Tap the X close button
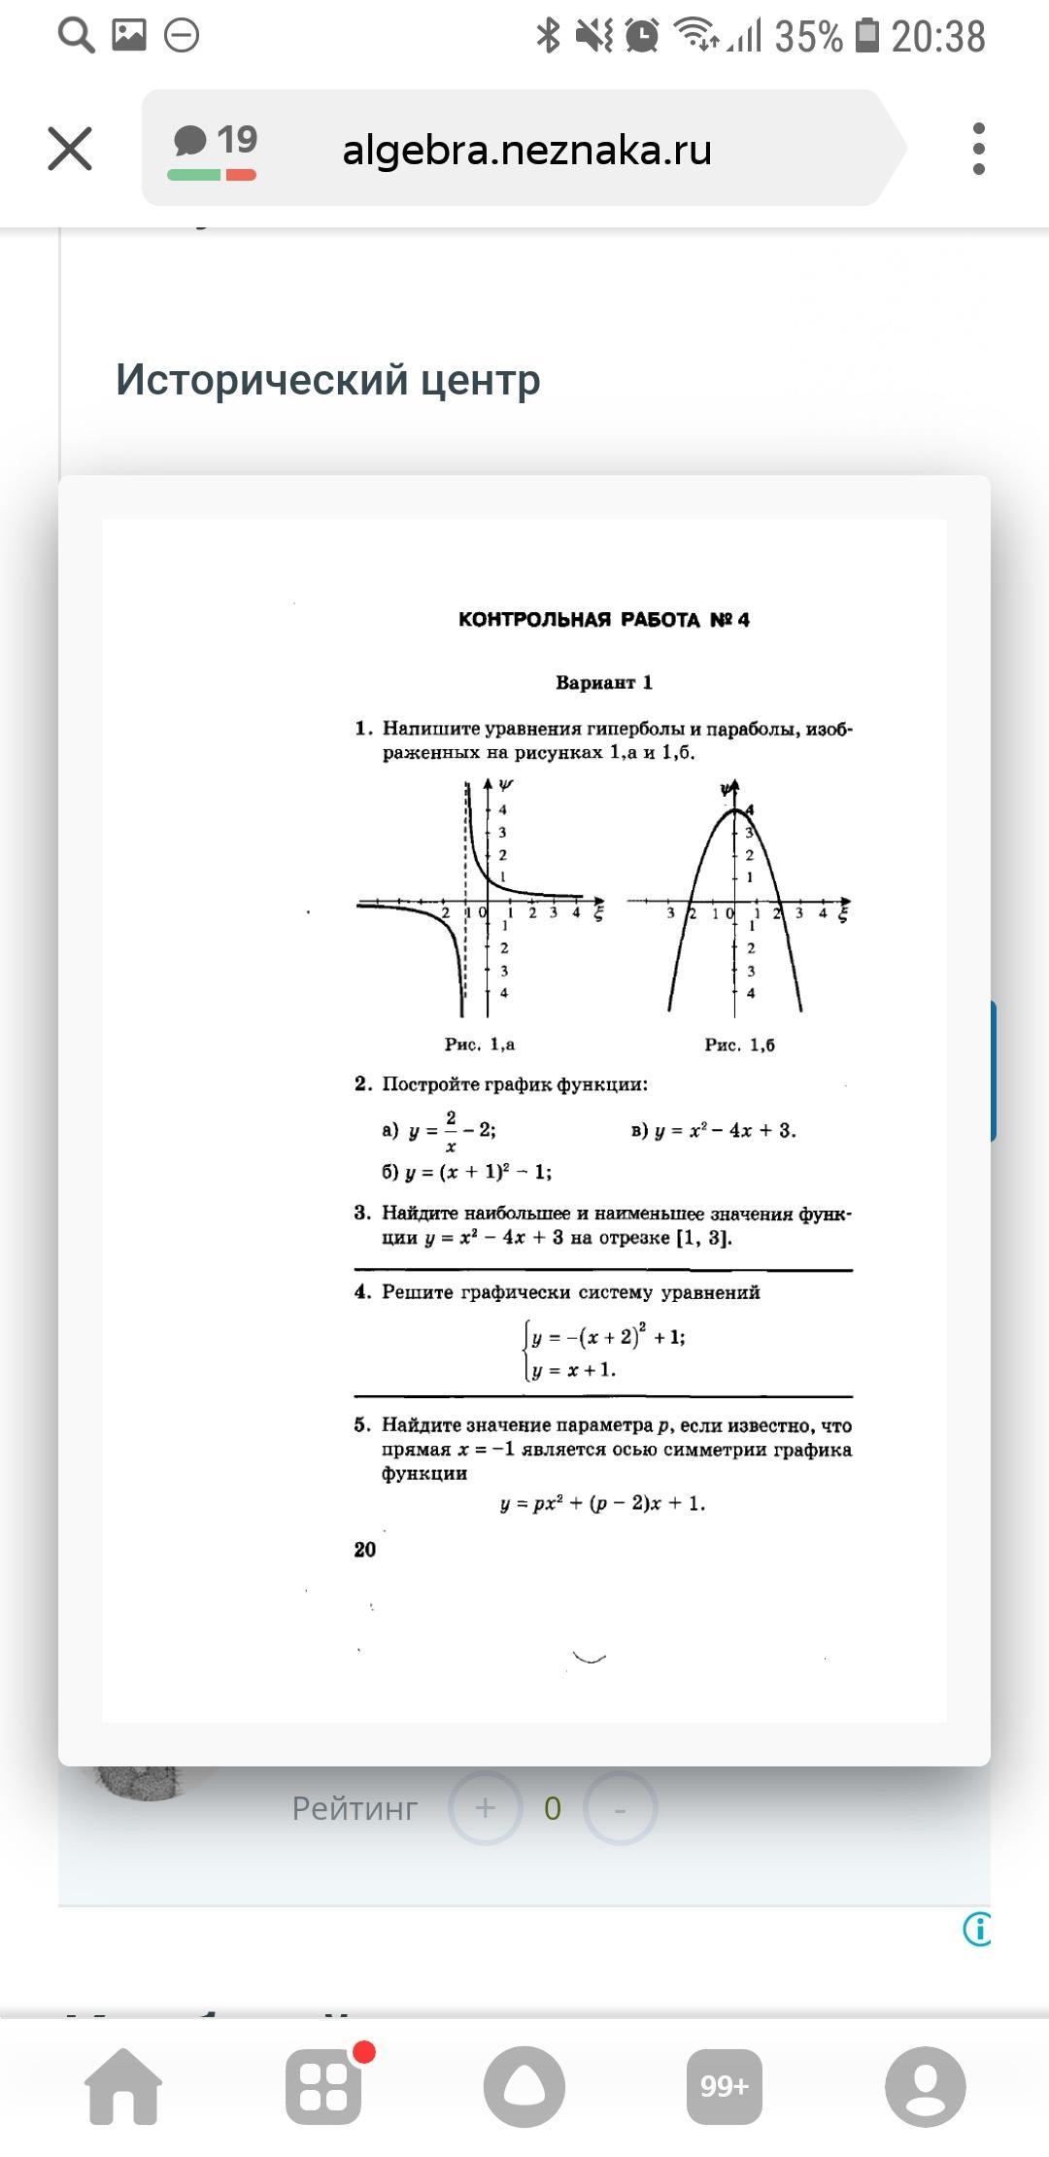click(x=70, y=149)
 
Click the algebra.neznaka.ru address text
click(x=526, y=150)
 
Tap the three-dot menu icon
click(x=978, y=149)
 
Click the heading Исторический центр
click(x=328, y=379)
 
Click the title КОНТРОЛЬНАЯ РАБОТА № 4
click(x=603, y=620)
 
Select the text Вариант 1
click(x=603, y=682)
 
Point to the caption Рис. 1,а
click(x=480, y=1044)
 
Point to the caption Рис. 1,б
click(x=739, y=1045)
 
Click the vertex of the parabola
click(x=735, y=809)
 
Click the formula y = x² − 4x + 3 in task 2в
click(x=724, y=1130)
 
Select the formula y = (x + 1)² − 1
click(x=478, y=1172)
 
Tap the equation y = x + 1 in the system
click(x=573, y=1370)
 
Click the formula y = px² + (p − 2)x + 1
click(x=602, y=1503)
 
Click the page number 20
click(x=365, y=1550)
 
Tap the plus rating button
click(x=485, y=1808)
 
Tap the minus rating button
click(x=620, y=1808)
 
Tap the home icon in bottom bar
click(x=123, y=2086)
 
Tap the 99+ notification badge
click(x=725, y=2086)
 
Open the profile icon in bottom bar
click(x=925, y=2086)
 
